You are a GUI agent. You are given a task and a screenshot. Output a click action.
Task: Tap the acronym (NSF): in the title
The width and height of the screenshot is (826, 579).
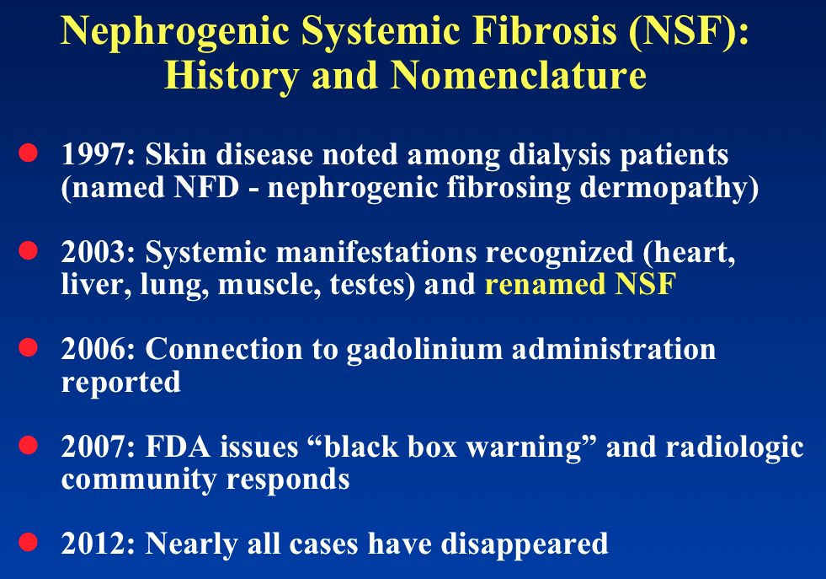point(689,31)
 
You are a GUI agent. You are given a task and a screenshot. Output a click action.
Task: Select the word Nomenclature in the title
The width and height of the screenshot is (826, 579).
point(519,75)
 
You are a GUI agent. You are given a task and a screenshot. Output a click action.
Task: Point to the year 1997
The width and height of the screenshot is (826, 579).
point(98,154)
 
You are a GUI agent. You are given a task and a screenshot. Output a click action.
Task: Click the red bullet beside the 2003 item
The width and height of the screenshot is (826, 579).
point(28,250)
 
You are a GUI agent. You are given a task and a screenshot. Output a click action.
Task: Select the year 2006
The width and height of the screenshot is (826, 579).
point(98,349)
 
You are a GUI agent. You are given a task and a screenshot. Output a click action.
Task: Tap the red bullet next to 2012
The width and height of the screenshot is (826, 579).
point(28,542)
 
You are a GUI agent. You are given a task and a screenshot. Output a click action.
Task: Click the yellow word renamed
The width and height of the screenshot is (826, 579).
point(546,284)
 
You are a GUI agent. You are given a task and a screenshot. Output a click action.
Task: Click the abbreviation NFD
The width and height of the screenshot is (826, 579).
point(206,187)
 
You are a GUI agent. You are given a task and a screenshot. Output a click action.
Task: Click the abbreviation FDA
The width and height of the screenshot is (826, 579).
point(178,447)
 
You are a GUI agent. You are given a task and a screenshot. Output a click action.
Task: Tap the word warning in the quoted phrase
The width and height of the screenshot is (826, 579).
point(524,448)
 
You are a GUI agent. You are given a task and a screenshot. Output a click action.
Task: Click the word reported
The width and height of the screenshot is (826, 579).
point(120,383)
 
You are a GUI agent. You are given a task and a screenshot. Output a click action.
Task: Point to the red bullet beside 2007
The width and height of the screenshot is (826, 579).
point(28,444)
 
